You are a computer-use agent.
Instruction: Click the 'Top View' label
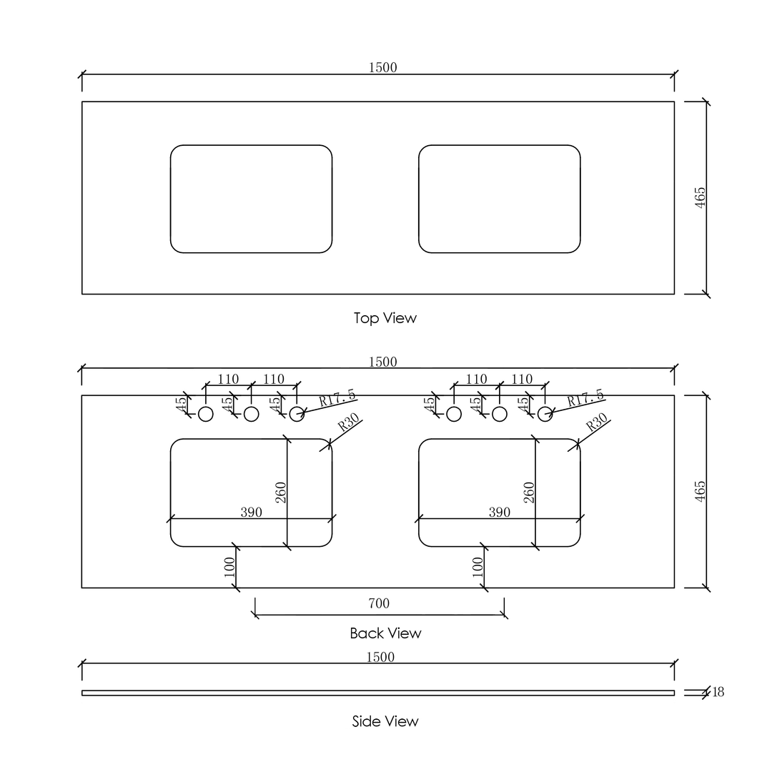click(385, 318)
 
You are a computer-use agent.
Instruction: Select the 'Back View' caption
click(385, 633)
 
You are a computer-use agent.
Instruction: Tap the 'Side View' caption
click(385, 721)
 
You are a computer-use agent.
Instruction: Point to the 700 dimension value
click(379, 603)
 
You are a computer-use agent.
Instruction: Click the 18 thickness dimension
click(718, 692)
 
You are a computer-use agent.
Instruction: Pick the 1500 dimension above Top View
click(382, 67)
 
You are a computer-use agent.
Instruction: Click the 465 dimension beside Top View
click(700, 197)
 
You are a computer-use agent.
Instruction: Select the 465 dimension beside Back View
click(700, 491)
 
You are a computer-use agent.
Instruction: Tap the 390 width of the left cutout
click(251, 512)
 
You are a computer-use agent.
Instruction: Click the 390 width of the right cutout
click(499, 512)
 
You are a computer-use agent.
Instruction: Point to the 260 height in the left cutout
click(281, 493)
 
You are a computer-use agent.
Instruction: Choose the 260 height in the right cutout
click(529, 493)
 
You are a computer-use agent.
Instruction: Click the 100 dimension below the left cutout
click(229, 567)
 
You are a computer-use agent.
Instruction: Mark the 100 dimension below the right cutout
click(477, 567)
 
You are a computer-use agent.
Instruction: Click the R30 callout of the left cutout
click(349, 423)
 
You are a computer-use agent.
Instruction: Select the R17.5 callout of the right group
click(585, 398)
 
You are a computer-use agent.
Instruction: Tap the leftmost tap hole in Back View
click(206, 414)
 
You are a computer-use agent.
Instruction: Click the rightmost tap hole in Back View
click(545, 414)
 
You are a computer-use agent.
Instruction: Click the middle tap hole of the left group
click(252, 414)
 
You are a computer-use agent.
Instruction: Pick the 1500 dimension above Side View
click(380, 658)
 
